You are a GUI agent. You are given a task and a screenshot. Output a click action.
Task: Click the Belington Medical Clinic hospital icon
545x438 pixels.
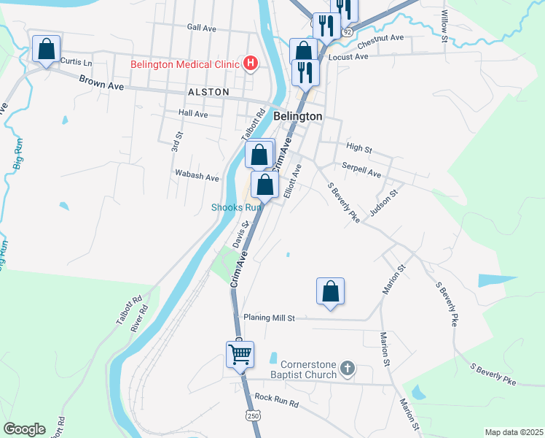point(251,64)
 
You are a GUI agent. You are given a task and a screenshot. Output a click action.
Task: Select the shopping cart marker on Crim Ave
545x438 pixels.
point(240,354)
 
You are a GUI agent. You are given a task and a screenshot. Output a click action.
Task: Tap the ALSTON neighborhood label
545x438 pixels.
point(208,92)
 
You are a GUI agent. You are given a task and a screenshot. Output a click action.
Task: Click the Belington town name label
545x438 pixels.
point(297,116)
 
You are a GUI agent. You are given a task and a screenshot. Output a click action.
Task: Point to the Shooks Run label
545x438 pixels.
point(236,207)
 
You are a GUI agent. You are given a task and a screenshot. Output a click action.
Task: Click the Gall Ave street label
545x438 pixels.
point(202,28)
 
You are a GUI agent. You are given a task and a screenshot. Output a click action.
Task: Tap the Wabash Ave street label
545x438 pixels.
point(197,177)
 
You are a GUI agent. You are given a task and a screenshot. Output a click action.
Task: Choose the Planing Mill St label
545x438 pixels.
point(269,318)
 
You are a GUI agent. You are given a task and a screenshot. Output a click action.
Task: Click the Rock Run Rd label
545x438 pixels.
point(277,401)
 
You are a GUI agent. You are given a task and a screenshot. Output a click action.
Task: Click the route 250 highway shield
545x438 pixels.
point(252,415)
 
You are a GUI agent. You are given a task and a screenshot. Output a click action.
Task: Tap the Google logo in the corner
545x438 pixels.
point(24,429)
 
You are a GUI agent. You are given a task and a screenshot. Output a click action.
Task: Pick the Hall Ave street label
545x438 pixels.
point(193,114)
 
